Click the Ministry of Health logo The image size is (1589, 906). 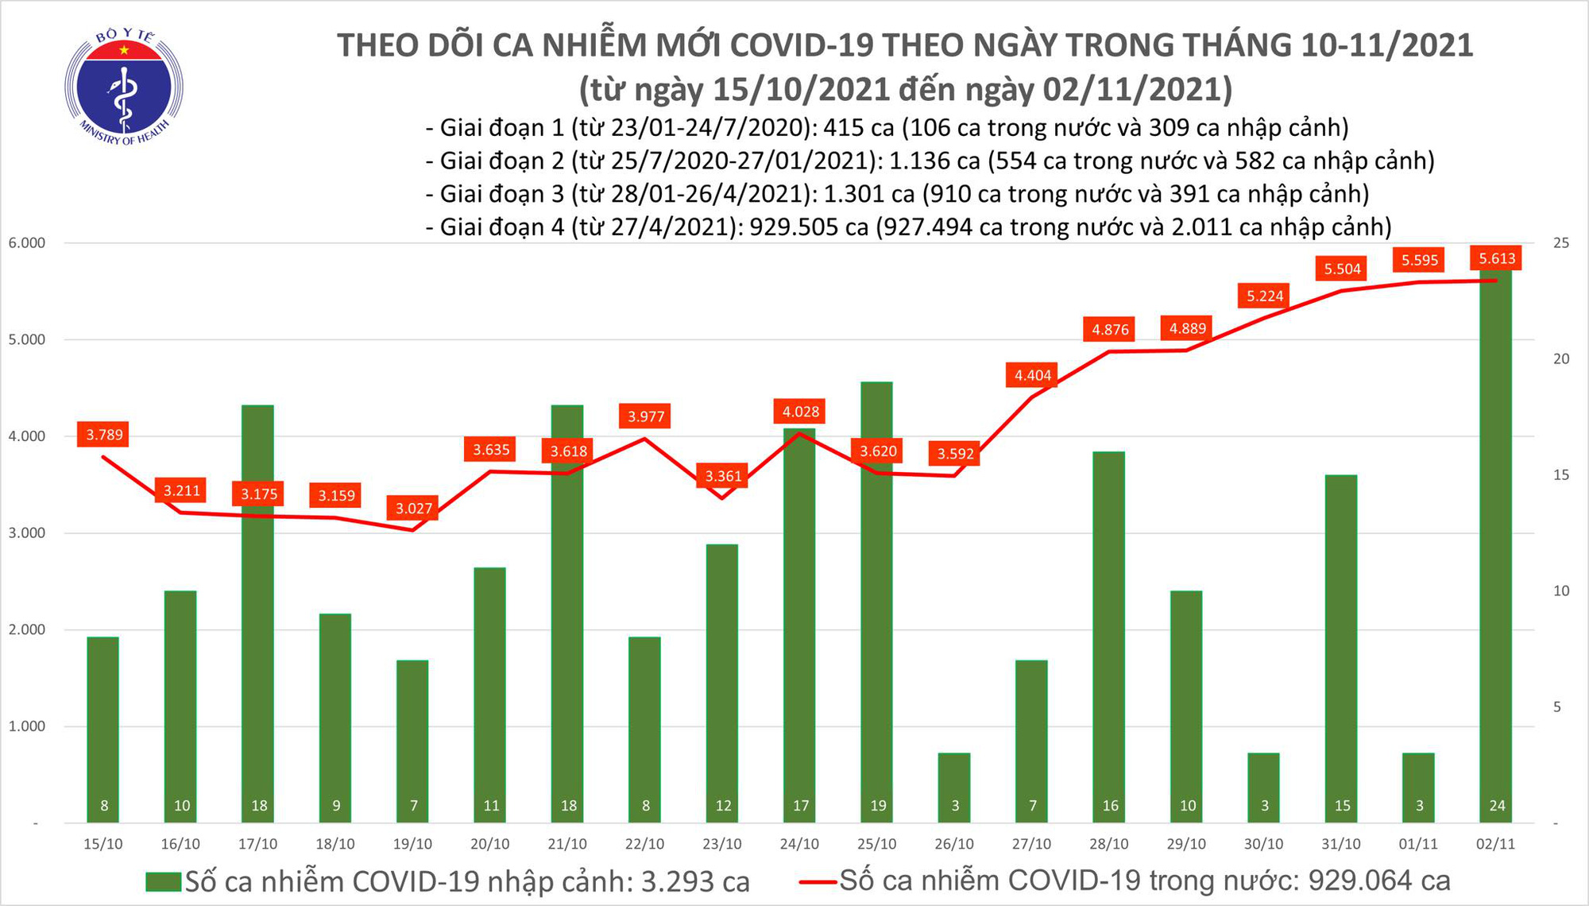tap(123, 87)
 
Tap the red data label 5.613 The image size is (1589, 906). tap(1497, 258)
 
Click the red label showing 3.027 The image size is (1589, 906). tap(413, 508)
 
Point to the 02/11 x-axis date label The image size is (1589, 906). tap(1495, 844)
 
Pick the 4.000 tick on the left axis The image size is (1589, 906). tap(27, 436)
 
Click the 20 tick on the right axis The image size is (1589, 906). tap(1561, 359)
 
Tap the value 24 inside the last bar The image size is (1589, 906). tap(1497, 806)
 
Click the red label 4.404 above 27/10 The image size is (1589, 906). tap(1033, 375)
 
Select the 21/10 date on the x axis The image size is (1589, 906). tap(567, 844)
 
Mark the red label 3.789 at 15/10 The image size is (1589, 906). tap(104, 435)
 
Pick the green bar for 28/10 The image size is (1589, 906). tap(1109, 636)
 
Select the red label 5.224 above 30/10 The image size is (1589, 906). tap(1265, 296)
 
